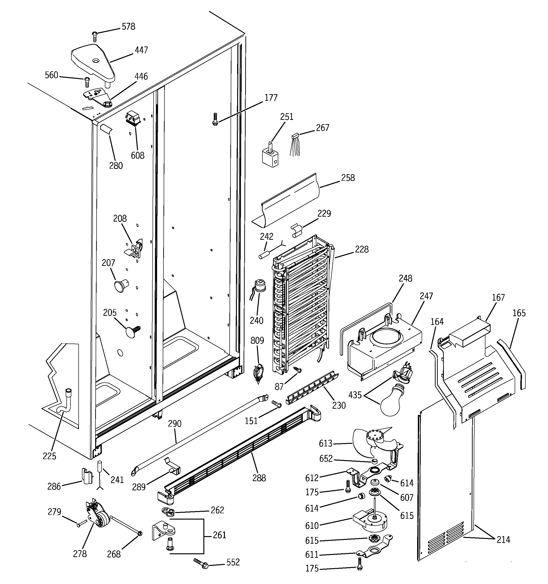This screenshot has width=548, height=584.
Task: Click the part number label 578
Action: [128, 27]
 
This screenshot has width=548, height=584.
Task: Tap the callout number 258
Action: [348, 178]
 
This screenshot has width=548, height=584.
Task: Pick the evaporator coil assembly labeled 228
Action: [301, 306]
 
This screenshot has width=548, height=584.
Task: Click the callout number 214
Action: [503, 540]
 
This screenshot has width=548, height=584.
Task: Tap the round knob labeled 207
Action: [121, 285]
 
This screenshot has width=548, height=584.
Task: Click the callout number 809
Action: [257, 341]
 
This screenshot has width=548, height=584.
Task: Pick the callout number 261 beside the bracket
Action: [219, 535]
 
